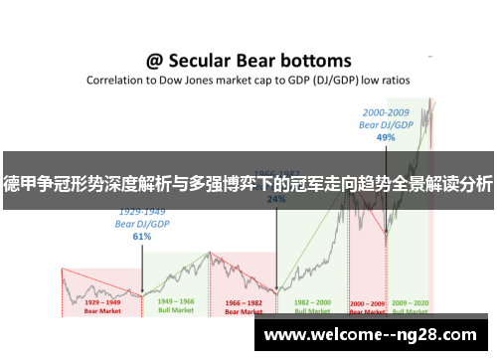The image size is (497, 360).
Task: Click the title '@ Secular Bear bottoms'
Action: click(248, 61)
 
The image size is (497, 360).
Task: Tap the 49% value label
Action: click(387, 138)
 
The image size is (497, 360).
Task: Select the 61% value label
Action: click(141, 237)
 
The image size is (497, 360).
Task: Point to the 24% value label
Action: click(276, 198)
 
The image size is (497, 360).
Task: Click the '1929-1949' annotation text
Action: click(142, 212)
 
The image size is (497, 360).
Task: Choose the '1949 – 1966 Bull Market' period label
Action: click(177, 305)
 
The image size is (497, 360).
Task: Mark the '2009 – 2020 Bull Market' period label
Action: click(410, 305)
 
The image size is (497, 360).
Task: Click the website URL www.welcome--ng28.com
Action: click(374, 336)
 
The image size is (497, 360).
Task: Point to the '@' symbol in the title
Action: click(155, 61)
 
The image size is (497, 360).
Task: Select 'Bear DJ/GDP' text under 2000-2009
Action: click(387, 126)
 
